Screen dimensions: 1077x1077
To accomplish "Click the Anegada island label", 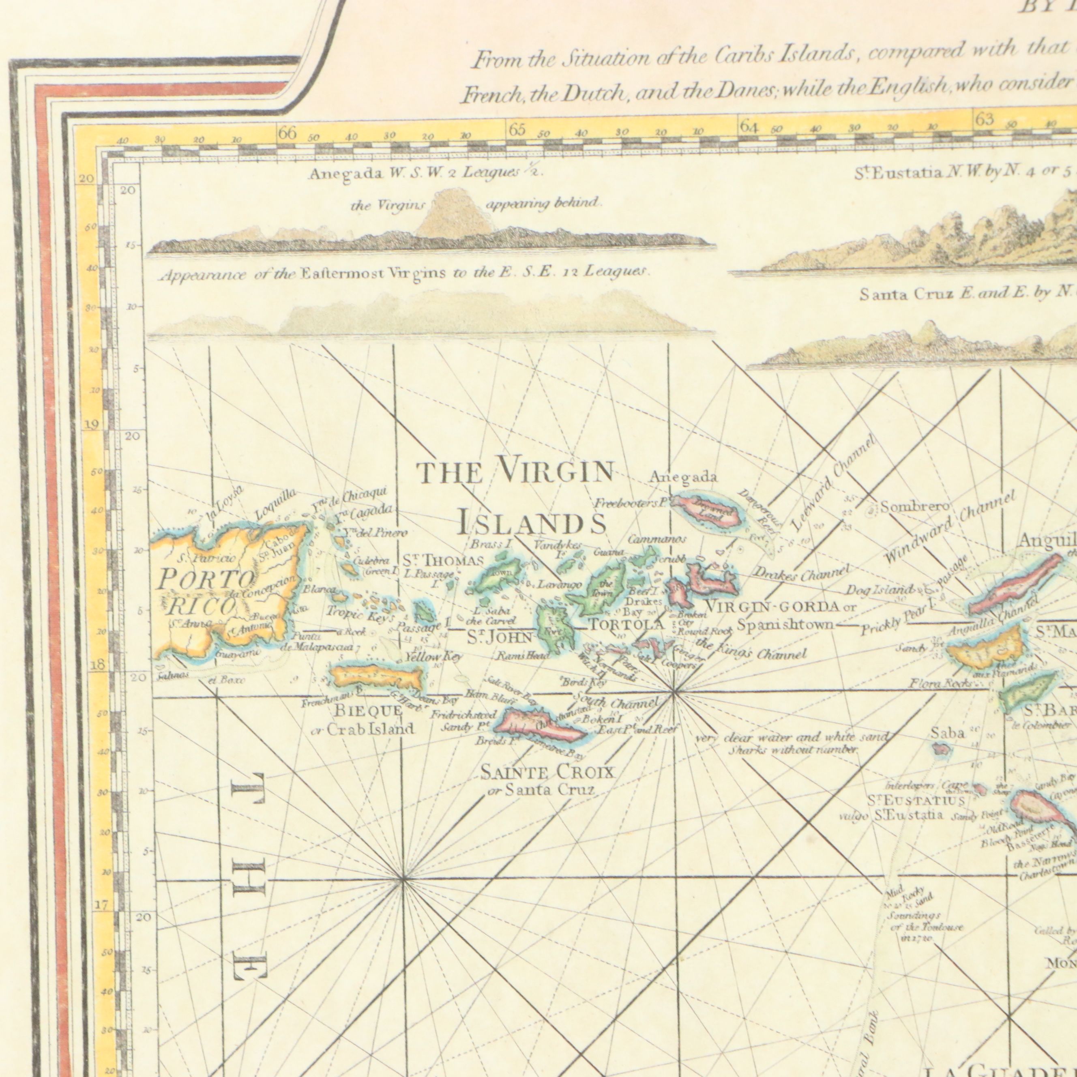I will coord(683,477).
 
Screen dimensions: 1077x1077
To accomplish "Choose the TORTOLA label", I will coord(626,625).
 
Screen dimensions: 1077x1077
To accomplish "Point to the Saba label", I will coord(947,734).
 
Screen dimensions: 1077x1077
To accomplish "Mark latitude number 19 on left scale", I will coord(91,425).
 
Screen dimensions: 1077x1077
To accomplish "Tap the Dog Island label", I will coord(880,590).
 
